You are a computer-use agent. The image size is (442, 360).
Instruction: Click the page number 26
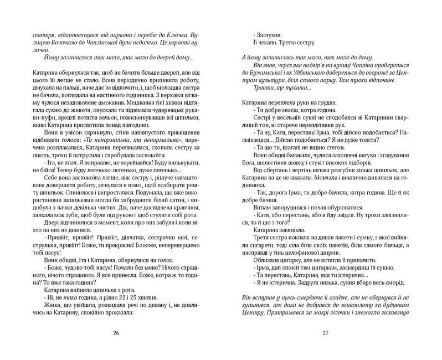coord(116,333)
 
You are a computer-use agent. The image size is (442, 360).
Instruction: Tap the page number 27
coord(326,333)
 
